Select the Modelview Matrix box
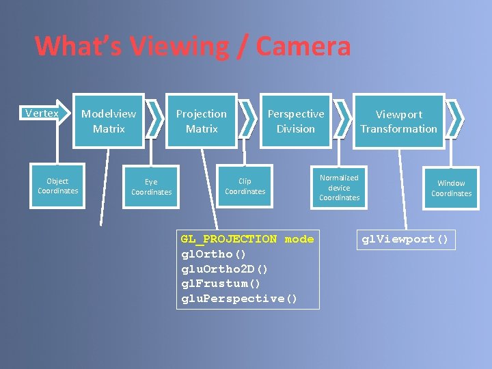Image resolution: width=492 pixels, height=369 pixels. [x=109, y=121]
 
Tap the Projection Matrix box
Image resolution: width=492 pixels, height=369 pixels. [x=202, y=121]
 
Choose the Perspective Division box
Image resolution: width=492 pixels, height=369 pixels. [x=295, y=121]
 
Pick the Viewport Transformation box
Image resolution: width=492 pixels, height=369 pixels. [x=398, y=122]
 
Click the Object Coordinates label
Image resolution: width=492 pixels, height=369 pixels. [x=58, y=186]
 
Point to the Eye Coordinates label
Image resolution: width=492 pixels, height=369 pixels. [x=152, y=187]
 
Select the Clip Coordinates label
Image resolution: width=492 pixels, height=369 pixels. [x=245, y=186]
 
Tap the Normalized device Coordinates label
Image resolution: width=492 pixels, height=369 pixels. [x=339, y=187]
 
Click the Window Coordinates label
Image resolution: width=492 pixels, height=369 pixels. [x=451, y=188]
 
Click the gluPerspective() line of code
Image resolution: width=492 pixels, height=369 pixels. [x=239, y=299]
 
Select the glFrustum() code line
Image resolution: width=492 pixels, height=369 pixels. [x=221, y=284]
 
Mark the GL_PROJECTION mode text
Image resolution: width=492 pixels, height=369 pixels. [x=247, y=239]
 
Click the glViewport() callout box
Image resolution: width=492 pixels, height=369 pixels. [x=405, y=239]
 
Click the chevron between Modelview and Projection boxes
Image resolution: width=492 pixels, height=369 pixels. [x=155, y=120]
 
